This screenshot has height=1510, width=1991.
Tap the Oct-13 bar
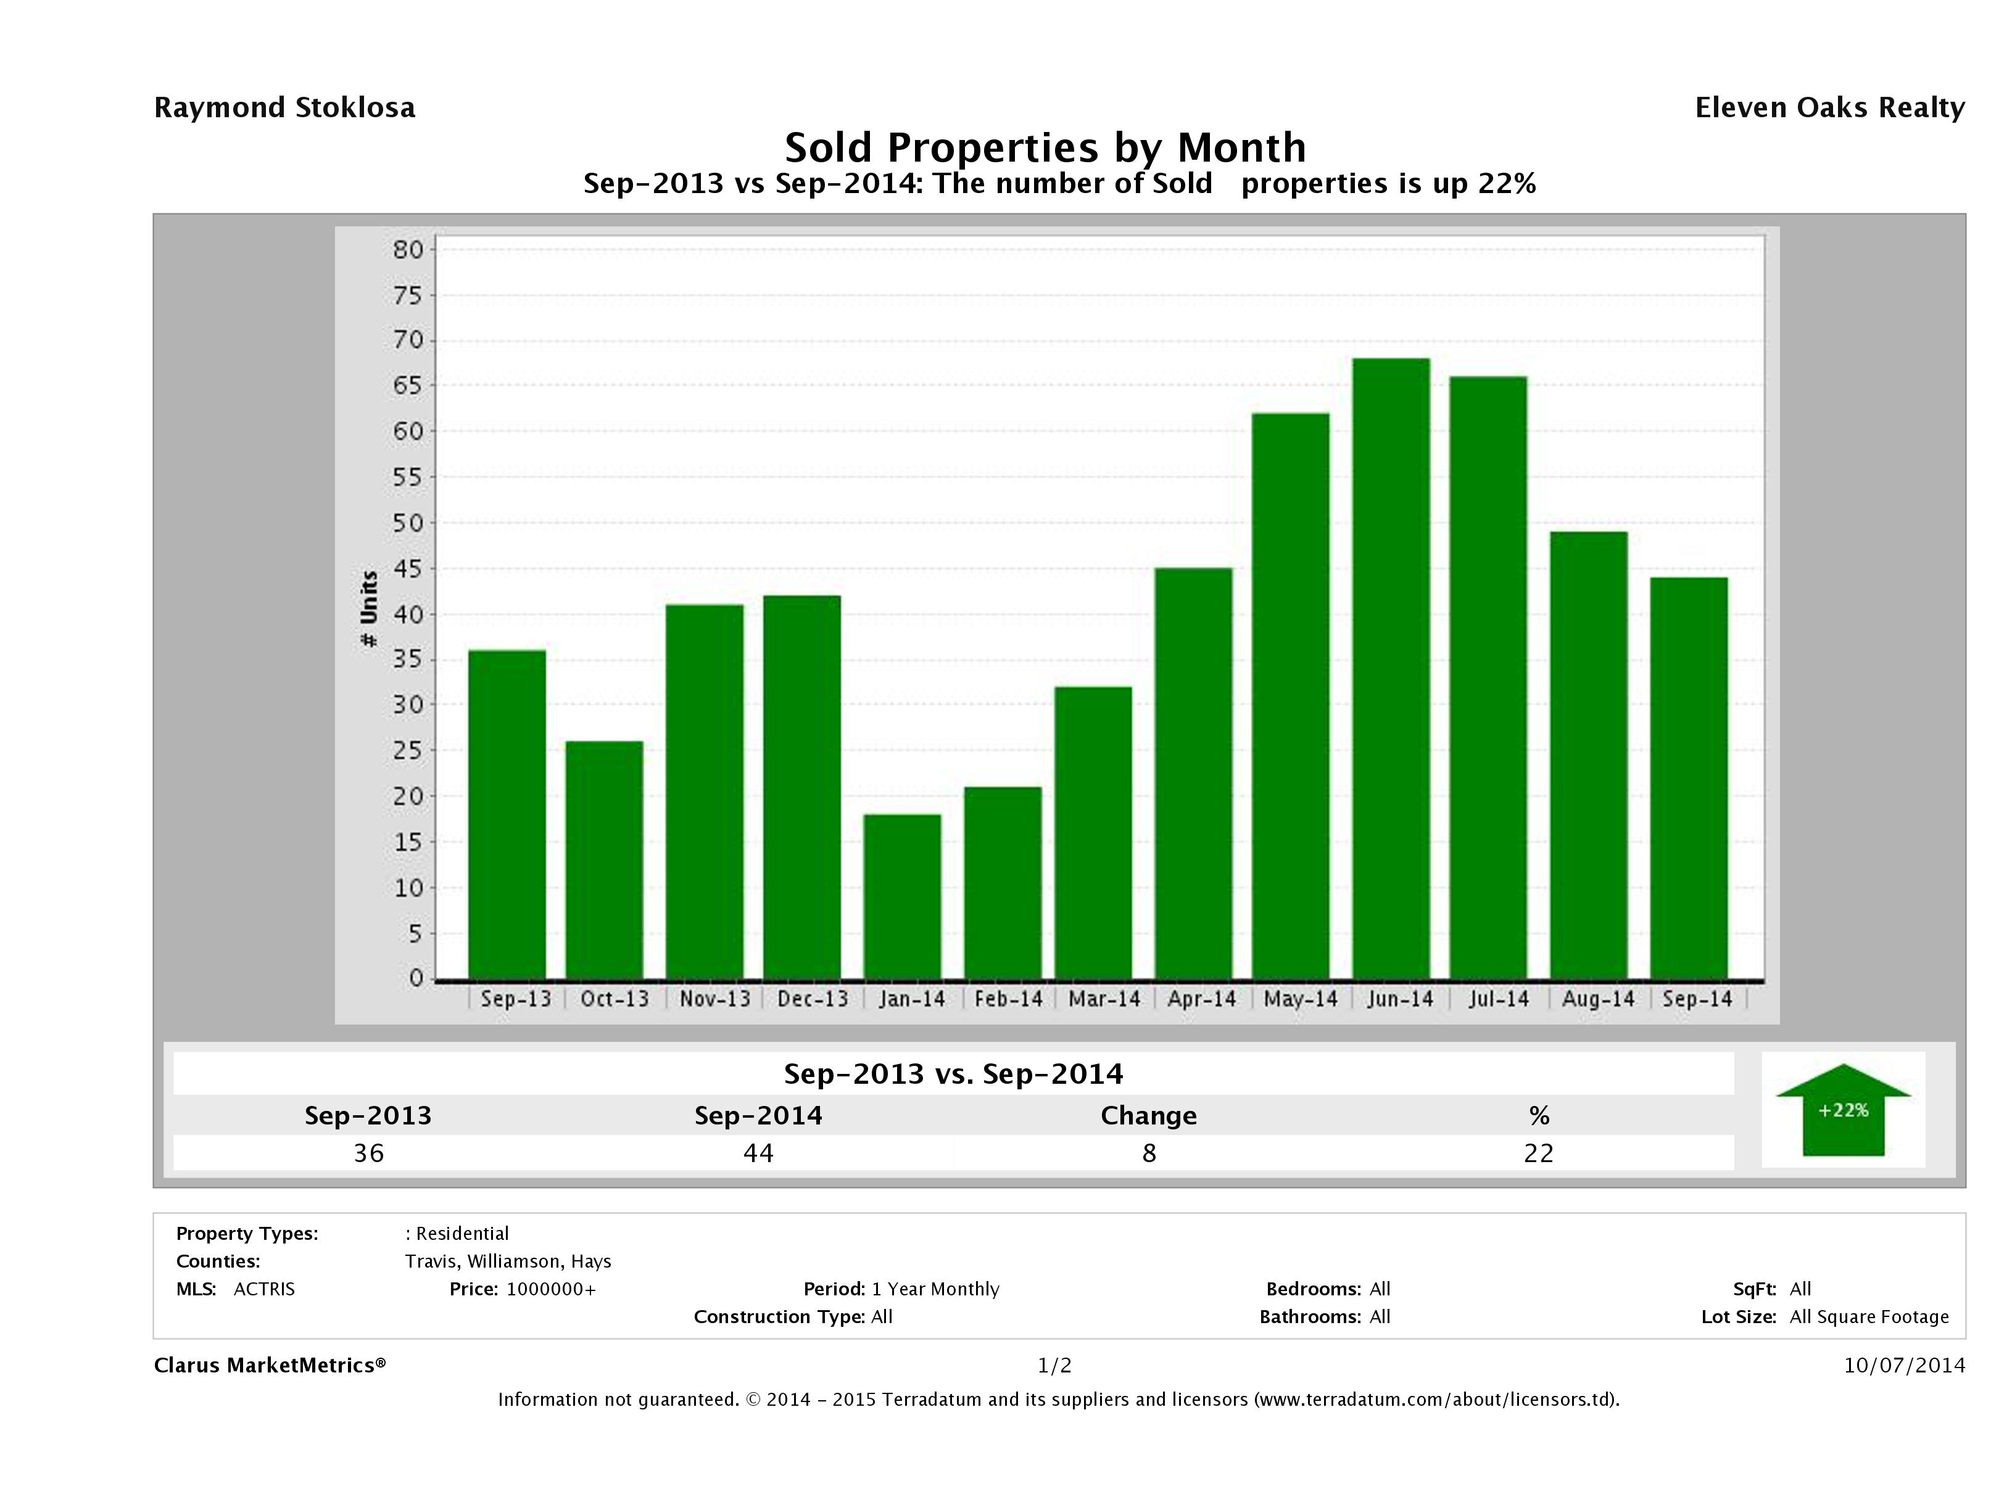604,860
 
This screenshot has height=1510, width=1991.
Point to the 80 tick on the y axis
408,249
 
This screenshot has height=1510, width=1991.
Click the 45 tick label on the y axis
408,569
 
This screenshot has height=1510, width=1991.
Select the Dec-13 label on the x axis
813,999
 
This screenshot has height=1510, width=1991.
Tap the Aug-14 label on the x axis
1597,999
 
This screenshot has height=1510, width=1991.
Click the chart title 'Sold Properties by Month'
1045,147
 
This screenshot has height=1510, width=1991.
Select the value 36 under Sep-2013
369,1153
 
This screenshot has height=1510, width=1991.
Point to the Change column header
1149,1116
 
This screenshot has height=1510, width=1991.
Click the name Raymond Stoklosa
284,108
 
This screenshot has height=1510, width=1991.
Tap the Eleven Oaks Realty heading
1829,108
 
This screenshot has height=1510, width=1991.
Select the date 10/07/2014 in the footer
1903,1365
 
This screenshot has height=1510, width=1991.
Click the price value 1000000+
551,1289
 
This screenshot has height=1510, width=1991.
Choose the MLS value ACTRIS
263,1289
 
